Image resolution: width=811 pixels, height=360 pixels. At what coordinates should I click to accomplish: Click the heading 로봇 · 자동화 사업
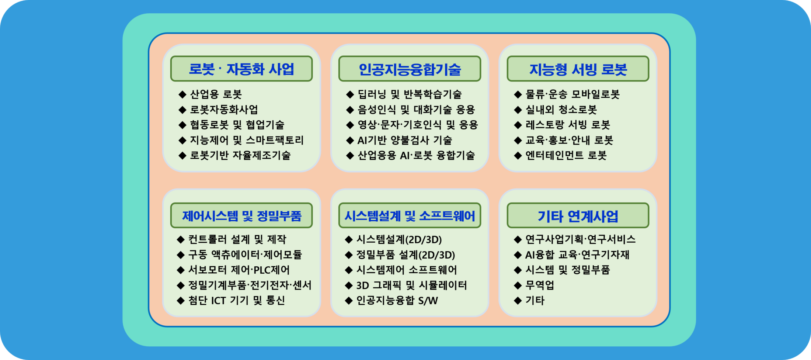pos(241,69)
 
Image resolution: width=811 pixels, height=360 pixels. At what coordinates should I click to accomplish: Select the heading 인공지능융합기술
pos(410,69)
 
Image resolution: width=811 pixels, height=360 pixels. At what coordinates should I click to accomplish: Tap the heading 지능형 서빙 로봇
pos(578,69)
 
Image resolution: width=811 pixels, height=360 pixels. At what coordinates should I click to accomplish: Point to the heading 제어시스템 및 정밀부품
pos(241,216)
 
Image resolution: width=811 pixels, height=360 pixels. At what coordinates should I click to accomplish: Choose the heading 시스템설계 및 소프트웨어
pos(410,216)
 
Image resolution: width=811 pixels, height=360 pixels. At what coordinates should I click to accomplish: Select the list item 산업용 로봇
pos(216,94)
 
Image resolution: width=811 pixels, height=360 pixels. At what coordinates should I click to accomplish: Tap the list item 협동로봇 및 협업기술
pos(237,125)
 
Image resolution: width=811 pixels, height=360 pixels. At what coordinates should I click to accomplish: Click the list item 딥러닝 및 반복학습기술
pos(410,94)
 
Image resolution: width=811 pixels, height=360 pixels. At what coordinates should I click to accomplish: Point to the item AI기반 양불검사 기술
pos(404,140)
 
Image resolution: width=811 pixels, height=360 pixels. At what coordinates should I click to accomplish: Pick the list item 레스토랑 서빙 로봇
pos(568,125)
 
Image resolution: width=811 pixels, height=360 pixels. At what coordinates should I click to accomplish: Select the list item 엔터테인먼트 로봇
pos(566,155)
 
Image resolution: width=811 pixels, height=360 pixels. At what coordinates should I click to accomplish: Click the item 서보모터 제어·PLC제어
pos(239,270)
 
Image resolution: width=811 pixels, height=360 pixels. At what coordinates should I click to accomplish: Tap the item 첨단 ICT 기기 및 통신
pos(236,301)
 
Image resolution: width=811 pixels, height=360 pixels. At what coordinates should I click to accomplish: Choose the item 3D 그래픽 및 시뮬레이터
pos(411,285)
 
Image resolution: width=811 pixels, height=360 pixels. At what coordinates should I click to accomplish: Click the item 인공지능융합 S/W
pos(397,301)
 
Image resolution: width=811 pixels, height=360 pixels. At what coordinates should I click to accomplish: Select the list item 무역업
pos(540,285)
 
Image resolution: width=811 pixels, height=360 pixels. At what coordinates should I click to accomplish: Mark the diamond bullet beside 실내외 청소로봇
pos(518,110)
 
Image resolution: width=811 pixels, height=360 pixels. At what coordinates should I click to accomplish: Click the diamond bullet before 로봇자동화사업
pos(182,110)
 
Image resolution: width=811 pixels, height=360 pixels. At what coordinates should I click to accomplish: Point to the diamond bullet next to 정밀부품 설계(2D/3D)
pos(349,255)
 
